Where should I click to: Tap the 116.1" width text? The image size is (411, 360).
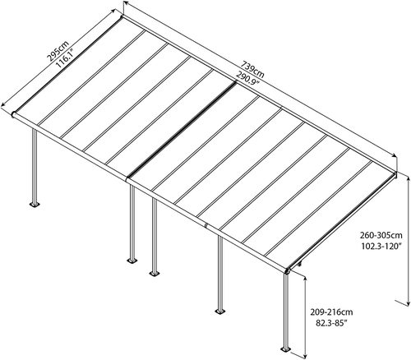click(x=66, y=58)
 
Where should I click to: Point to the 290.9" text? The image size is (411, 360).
click(x=247, y=79)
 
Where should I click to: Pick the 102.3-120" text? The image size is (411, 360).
click(x=381, y=247)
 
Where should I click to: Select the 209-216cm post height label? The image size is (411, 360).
click(x=331, y=312)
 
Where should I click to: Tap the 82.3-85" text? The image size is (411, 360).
click(x=331, y=323)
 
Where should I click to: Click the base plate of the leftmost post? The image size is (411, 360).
click(x=35, y=205)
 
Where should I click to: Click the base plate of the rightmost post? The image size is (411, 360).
click(x=286, y=349)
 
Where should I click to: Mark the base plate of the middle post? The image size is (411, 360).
click(x=155, y=273)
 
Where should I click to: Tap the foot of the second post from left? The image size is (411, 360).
click(x=132, y=261)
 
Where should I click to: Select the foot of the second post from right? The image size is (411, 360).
click(x=220, y=312)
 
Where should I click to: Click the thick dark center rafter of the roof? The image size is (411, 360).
click(x=182, y=130)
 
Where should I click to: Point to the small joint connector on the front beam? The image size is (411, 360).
click(x=205, y=226)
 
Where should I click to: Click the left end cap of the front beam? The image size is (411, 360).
click(x=13, y=114)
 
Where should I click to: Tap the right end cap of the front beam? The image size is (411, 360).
click(x=288, y=271)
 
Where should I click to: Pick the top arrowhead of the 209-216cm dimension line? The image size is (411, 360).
click(x=305, y=278)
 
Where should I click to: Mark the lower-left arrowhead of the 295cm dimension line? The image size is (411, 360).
click(x=3, y=104)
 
